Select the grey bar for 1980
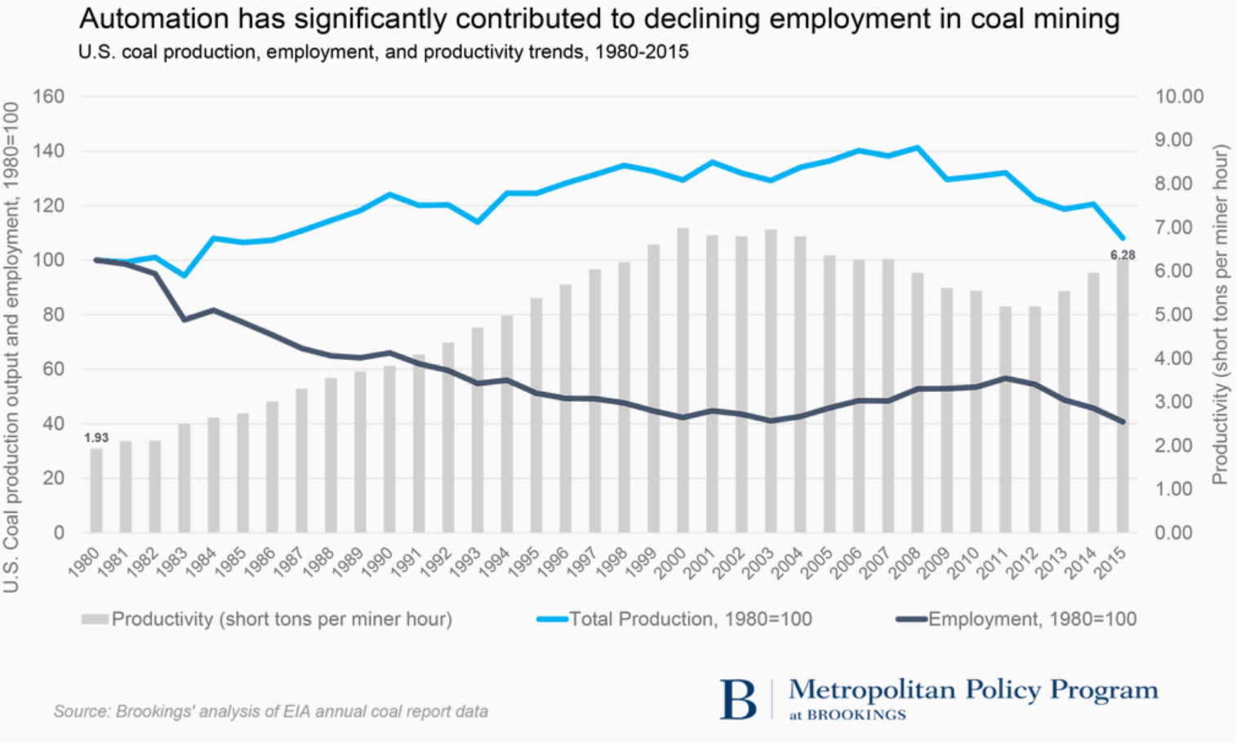click(96, 490)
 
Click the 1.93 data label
click(96, 438)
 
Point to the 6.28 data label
click(1123, 256)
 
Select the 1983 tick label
click(173, 563)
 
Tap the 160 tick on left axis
click(48, 96)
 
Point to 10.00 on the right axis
click(1179, 96)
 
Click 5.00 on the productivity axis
click(1173, 314)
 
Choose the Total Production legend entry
click(690, 619)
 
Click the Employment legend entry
click(1032, 619)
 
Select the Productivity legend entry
click(281, 619)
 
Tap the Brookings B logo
click(738, 700)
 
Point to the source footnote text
click(271, 711)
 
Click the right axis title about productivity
click(1220, 314)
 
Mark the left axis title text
click(11, 346)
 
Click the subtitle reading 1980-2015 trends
click(384, 52)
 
